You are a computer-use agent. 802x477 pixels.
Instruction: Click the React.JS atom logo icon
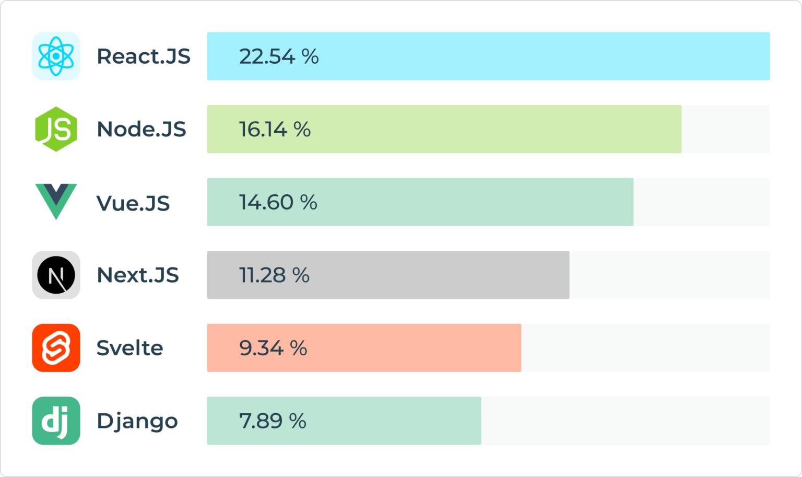(x=56, y=56)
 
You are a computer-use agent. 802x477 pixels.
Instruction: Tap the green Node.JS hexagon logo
(x=56, y=129)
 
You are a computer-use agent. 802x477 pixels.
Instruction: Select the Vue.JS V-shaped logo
(x=56, y=201)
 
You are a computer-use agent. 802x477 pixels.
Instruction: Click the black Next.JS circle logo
(x=56, y=275)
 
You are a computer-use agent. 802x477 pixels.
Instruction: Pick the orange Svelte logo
(x=56, y=348)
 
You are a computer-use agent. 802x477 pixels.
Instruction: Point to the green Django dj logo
(x=56, y=421)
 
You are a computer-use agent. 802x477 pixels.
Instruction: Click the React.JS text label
(x=144, y=56)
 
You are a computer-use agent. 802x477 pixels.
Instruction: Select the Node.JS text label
(x=141, y=129)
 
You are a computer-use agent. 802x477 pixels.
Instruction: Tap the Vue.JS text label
(x=133, y=203)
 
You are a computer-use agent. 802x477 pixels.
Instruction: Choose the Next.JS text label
(x=138, y=275)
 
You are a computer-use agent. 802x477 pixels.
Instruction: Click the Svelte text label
(x=130, y=348)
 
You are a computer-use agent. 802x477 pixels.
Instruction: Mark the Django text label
(x=137, y=421)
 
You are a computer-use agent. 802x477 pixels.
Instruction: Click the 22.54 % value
(x=279, y=56)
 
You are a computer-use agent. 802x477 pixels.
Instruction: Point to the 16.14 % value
(x=275, y=129)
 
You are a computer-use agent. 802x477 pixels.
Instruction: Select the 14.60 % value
(x=278, y=202)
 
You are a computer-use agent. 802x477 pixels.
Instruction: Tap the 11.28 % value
(x=274, y=275)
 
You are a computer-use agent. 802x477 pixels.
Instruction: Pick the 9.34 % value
(x=273, y=348)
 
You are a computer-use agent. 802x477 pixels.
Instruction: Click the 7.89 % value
(x=273, y=421)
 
